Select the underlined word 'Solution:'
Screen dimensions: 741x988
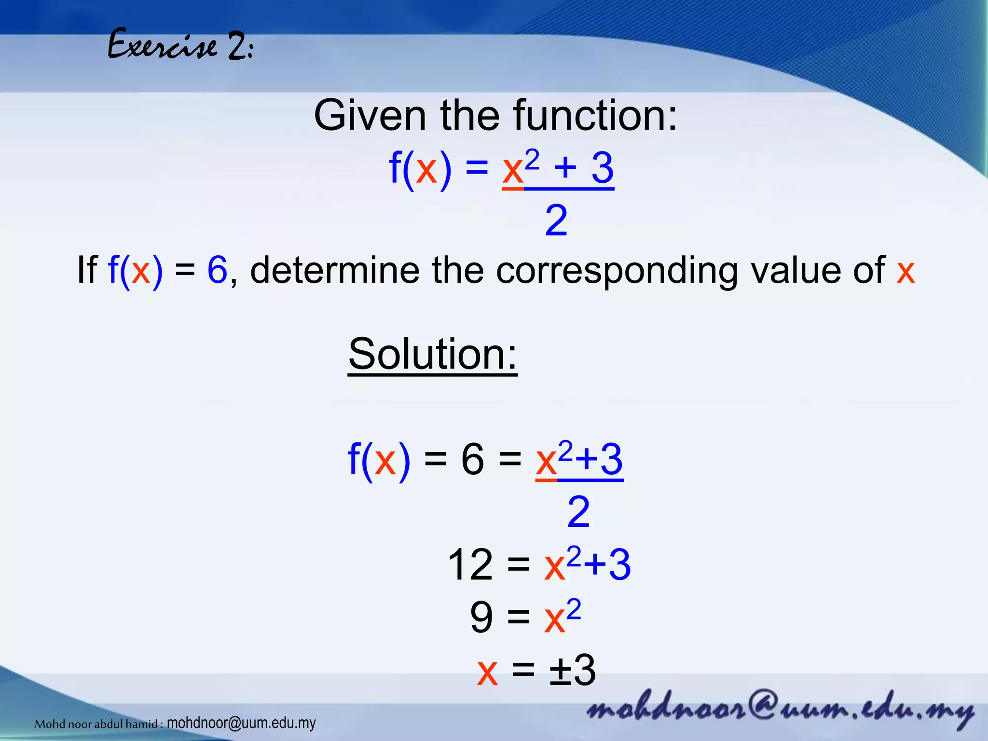point(432,354)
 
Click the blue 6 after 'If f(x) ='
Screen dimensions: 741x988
point(217,270)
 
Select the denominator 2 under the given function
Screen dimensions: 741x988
point(556,221)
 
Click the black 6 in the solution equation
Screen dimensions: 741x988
point(472,460)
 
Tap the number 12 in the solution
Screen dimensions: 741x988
point(470,565)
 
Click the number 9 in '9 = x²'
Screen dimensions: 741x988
point(481,618)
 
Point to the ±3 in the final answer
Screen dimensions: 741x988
point(573,671)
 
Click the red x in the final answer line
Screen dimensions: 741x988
point(487,672)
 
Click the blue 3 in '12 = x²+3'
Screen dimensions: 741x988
point(619,565)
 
